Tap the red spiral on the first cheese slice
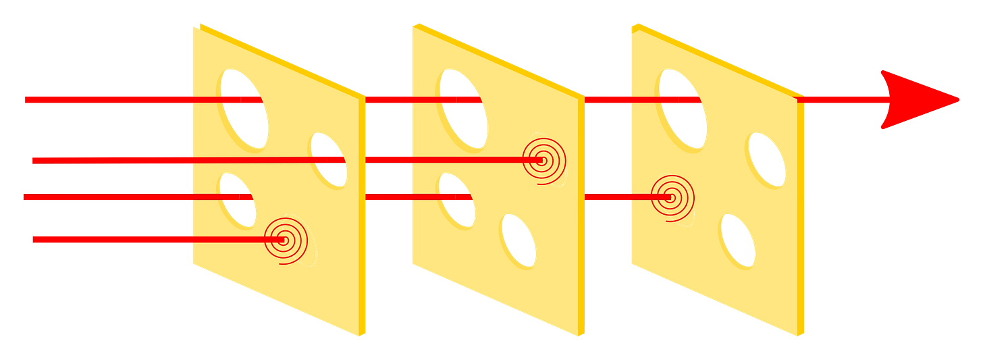coord(284,240)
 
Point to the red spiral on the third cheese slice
coord(670,197)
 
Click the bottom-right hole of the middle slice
coord(518,240)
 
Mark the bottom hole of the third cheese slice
coord(737,240)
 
